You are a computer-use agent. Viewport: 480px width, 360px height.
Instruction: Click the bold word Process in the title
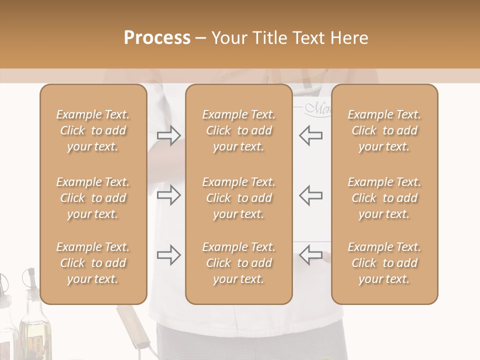tap(157, 38)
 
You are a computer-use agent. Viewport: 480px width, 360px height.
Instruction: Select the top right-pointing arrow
tap(168, 135)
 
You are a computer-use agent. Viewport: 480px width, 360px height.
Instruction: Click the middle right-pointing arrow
tap(168, 195)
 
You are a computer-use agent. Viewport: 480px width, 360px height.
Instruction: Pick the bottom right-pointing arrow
tap(168, 255)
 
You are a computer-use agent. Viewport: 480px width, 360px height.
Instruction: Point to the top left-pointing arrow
tap(310, 135)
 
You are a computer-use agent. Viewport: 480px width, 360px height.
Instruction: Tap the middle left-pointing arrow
tap(310, 195)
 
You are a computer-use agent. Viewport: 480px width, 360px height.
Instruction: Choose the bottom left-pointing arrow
tap(310, 255)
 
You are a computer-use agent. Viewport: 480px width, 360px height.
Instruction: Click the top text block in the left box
tap(93, 130)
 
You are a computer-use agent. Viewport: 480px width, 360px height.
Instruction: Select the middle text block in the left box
tap(93, 198)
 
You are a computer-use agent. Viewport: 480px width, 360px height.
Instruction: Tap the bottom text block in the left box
tap(93, 263)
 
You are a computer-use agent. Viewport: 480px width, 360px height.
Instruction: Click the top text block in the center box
tap(238, 130)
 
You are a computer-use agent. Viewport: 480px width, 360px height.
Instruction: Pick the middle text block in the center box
tap(238, 198)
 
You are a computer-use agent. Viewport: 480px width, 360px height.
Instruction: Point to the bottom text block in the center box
tap(238, 263)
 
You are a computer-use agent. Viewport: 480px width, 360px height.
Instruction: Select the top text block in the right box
tap(384, 130)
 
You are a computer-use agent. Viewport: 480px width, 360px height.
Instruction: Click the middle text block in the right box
tap(384, 198)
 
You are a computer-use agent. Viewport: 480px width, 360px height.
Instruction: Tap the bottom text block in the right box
tap(384, 263)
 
